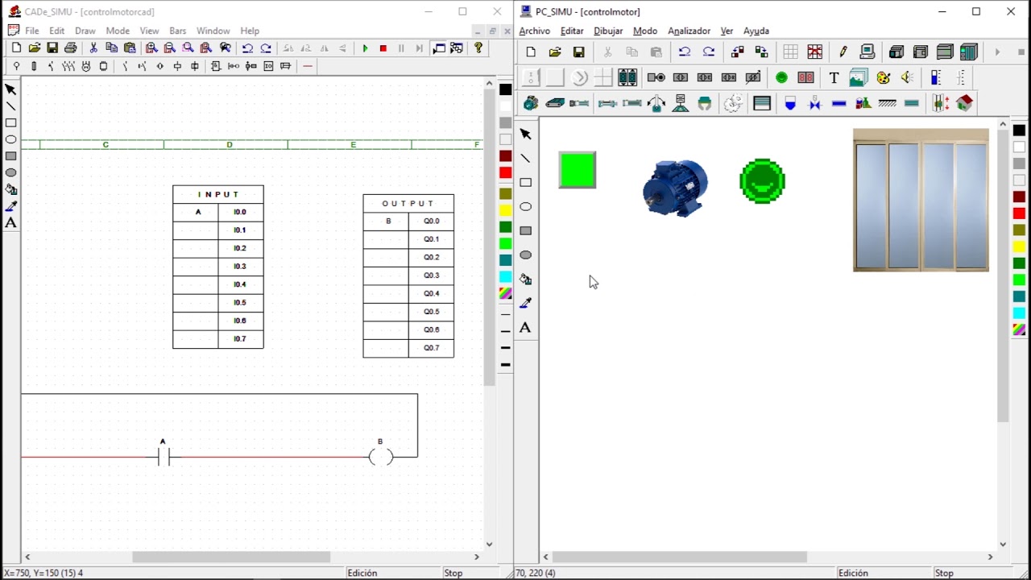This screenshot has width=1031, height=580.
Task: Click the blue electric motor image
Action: click(x=675, y=188)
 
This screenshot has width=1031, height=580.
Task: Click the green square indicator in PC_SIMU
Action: click(x=578, y=170)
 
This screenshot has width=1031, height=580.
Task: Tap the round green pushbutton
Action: click(x=762, y=181)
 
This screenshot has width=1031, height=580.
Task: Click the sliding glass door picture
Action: click(x=921, y=201)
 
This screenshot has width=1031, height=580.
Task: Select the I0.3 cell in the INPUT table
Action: click(x=240, y=266)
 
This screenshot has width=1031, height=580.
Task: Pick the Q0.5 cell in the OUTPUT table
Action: click(x=431, y=312)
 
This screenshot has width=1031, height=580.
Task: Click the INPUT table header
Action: click(x=218, y=194)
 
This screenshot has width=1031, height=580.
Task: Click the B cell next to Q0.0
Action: click(x=388, y=221)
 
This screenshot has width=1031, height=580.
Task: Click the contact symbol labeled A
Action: click(x=164, y=457)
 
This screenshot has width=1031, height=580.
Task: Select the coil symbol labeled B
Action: click(x=381, y=457)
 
